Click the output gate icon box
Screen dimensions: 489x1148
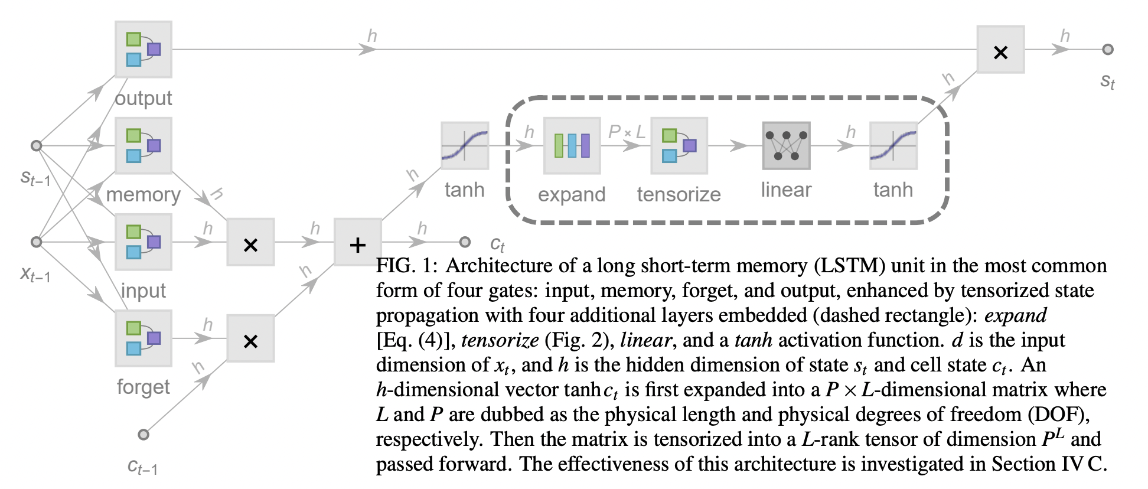tap(143, 50)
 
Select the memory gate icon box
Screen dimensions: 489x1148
tap(143, 145)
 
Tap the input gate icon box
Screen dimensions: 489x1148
tap(143, 242)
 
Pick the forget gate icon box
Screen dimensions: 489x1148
tap(143, 338)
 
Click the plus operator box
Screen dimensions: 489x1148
tap(358, 242)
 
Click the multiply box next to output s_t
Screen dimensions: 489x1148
tap(1000, 50)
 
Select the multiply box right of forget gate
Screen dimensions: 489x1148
tap(250, 338)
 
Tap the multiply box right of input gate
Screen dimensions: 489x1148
tap(250, 242)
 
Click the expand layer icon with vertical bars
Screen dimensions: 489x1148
tap(572, 145)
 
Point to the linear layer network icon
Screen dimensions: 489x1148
tap(786, 145)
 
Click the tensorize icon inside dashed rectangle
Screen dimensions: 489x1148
tap(679, 145)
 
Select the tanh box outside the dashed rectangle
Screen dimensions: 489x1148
tap(465, 145)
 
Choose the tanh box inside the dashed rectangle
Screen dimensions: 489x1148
tap(893, 145)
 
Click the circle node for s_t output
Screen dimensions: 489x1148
tap(1108, 50)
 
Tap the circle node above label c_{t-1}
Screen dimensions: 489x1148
tap(143, 435)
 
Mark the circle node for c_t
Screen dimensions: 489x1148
tap(465, 242)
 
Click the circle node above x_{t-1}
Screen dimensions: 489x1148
tap(37, 242)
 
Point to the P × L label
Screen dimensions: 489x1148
tap(626, 132)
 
